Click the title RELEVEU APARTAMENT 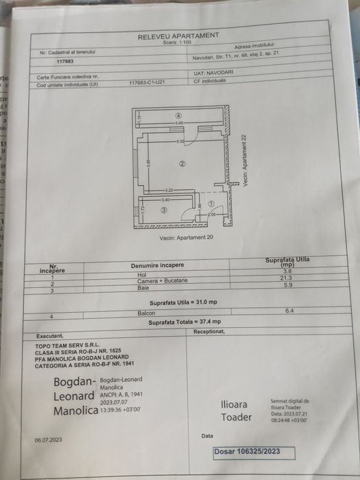178,36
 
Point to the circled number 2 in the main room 182,163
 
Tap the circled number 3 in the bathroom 163,211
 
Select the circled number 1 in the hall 211,204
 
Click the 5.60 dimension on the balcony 178,123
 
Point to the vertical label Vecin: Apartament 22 244,159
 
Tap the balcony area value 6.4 288,311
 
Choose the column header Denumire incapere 157,265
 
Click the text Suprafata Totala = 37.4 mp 185,321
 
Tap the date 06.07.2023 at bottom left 49,440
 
